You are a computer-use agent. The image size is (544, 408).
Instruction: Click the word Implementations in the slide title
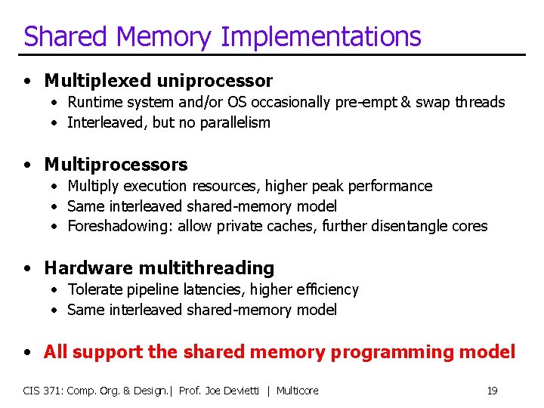(x=322, y=36)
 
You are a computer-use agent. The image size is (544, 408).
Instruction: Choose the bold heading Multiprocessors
(x=116, y=164)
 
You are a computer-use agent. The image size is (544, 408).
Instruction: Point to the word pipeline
(x=147, y=289)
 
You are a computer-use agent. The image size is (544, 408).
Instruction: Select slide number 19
(x=492, y=391)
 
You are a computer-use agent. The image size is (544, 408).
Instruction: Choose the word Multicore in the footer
(x=297, y=391)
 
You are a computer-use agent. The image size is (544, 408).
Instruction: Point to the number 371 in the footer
(x=52, y=391)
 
